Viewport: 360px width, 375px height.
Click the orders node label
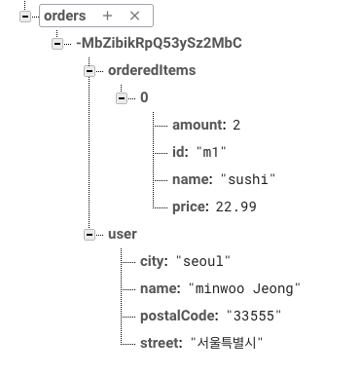click(x=64, y=16)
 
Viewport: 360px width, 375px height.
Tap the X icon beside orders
click(x=135, y=16)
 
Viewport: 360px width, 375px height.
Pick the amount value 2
click(x=235, y=126)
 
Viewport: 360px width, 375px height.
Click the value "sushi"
click(x=248, y=180)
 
